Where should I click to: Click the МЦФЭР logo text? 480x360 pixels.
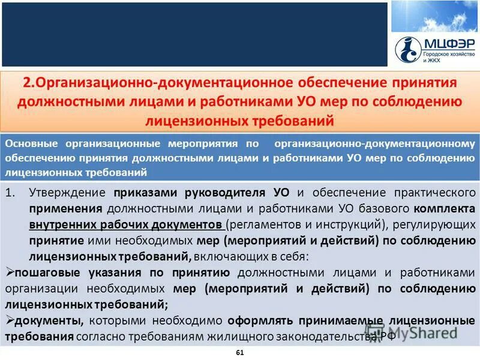(x=446, y=44)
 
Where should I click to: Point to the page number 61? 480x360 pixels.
(x=240, y=352)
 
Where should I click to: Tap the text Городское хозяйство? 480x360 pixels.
(x=448, y=55)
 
